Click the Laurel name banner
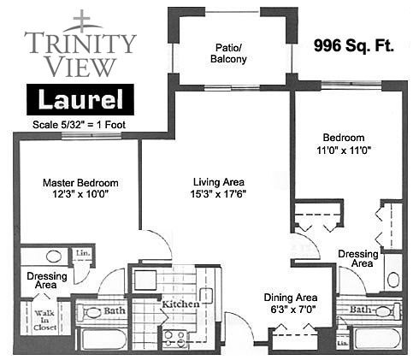click(x=80, y=99)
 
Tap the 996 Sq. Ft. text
click(x=354, y=45)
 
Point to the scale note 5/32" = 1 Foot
click(x=79, y=125)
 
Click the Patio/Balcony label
click(x=228, y=53)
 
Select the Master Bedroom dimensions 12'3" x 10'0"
click(x=80, y=194)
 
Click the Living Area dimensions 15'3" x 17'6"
click(x=218, y=194)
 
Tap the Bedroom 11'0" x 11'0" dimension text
click(x=344, y=150)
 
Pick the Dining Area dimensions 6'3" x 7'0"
click(x=292, y=310)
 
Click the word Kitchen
click(x=180, y=304)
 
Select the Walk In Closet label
click(x=44, y=321)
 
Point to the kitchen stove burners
click(x=174, y=339)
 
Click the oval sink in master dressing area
click(x=54, y=257)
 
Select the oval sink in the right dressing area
click(x=393, y=280)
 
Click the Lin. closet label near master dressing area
click(x=83, y=253)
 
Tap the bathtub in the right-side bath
click(x=377, y=339)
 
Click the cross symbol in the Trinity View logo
click(x=82, y=21)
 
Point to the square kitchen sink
click(x=145, y=280)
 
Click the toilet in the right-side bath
click(x=387, y=311)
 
